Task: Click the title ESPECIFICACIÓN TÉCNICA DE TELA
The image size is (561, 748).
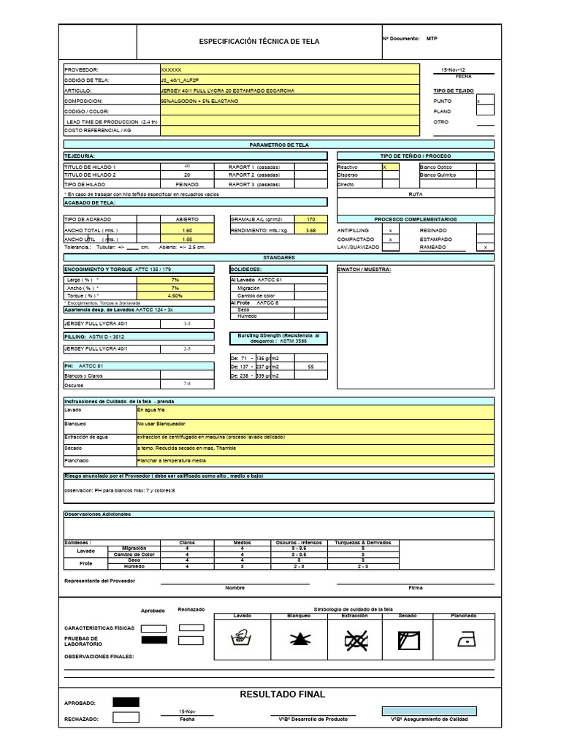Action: coord(259,42)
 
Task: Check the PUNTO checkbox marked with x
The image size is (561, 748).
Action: coord(485,101)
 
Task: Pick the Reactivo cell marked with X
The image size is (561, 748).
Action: coord(390,167)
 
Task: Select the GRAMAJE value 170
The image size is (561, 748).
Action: coord(311,219)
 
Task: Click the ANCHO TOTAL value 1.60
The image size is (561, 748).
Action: coord(187,230)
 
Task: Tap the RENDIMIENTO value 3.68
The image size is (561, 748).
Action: coord(311,230)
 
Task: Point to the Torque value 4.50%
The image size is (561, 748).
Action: coord(175,296)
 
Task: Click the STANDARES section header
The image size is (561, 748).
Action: coord(279,258)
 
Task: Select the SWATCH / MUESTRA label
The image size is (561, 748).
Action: coord(365,270)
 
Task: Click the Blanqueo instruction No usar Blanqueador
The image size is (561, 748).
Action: coord(161,424)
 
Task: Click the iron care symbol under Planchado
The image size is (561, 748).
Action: coord(463,641)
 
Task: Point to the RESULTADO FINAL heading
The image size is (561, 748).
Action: coord(282,694)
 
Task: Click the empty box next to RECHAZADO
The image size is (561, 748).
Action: coord(126,717)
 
